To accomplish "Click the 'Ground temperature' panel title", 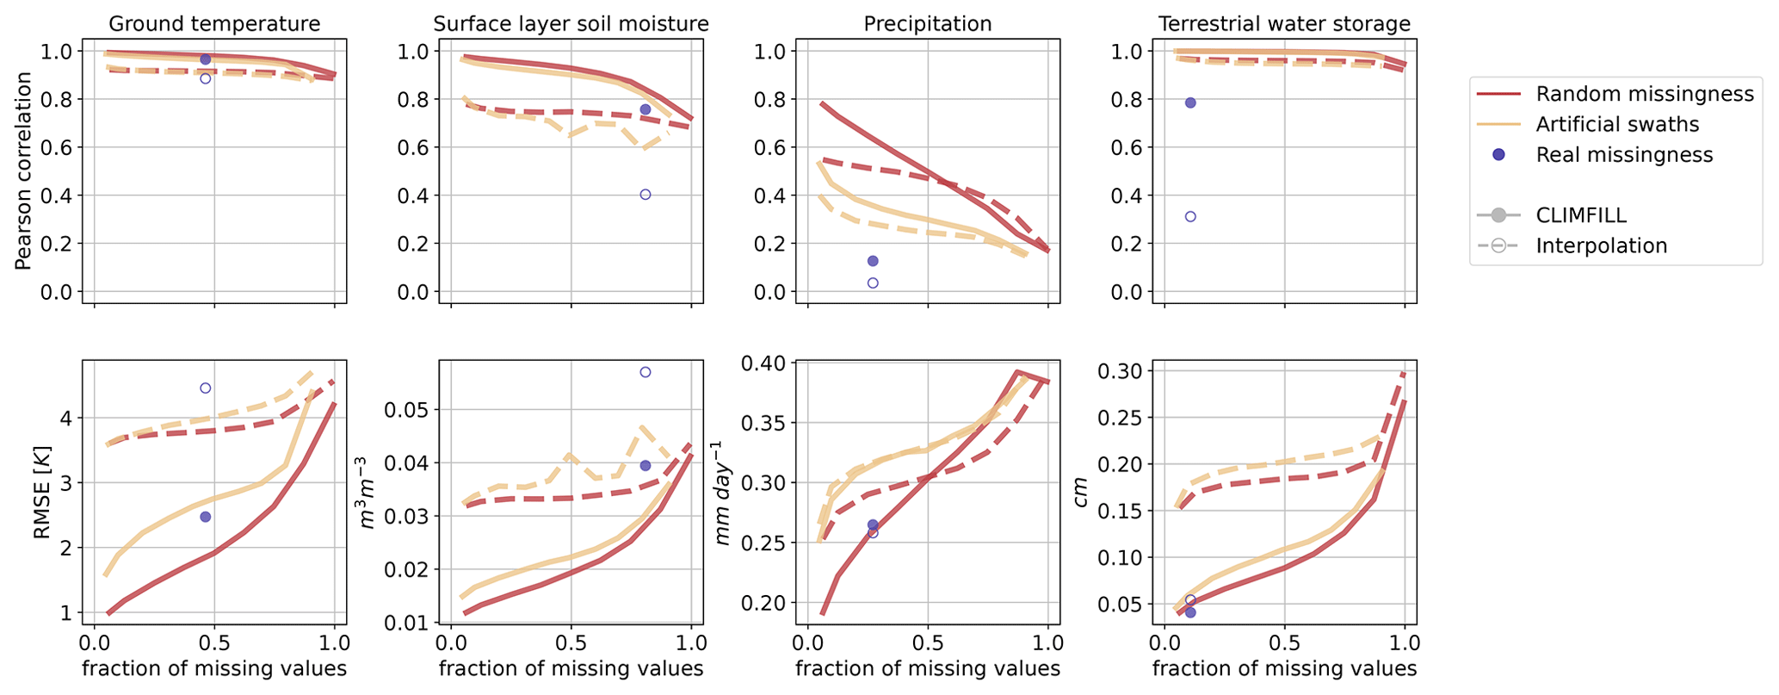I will [x=213, y=23].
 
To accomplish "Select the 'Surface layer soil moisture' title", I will [x=571, y=23].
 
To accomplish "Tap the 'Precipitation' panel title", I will [x=928, y=23].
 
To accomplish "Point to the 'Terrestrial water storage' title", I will [x=1284, y=23].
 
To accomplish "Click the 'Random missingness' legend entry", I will [x=1645, y=94].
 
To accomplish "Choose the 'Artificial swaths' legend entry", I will [x=1617, y=124].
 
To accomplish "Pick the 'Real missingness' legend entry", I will [x=1624, y=155].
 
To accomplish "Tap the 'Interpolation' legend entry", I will [x=1601, y=245].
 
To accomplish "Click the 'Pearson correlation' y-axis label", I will [x=23, y=171].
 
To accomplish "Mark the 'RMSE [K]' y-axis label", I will [x=41, y=493].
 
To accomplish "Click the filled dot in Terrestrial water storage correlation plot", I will [x=1190, y=102].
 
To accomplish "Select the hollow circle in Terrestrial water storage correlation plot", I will [x=1190, y=216].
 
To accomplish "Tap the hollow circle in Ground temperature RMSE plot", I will [x=206, y=388].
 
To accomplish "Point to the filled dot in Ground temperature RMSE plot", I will [x=206, y=517].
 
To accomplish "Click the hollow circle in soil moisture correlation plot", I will [x=646, y=195].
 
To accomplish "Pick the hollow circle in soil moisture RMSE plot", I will [x=646, y=372].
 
